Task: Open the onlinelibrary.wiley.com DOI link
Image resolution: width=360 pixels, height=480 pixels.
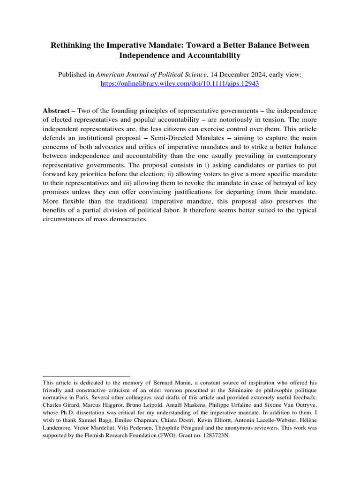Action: point(180,83)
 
